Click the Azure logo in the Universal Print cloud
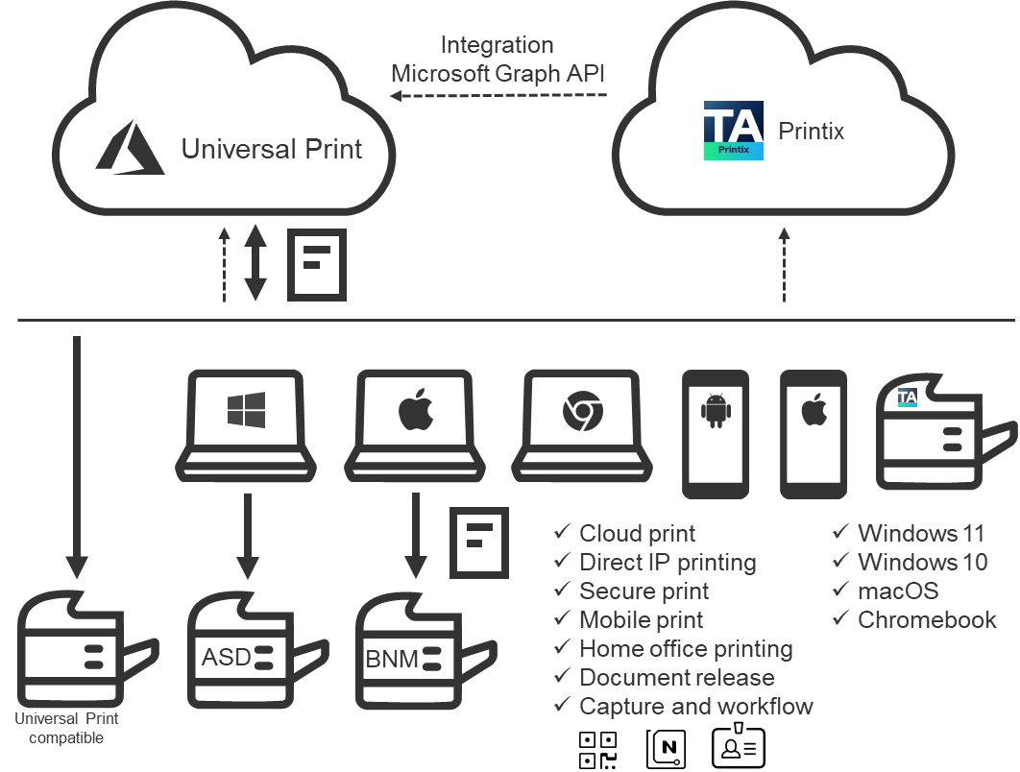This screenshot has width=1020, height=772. click(x=131, y=150)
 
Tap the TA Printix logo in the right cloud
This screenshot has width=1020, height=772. click(x=733, y=131)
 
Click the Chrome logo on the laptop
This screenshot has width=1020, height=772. click(x=582, y=411)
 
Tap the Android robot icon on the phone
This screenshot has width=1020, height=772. click(x=716, y=410)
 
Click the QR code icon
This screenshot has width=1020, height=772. click(x=599, y=749)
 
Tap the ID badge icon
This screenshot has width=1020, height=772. click(x=739, y=747)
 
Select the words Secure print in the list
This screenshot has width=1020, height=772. click(x=644, y=591)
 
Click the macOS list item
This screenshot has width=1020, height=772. click(x=898, y=591)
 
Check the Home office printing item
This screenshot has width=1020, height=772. click(x=686, y=648)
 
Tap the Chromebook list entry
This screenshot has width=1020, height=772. click(x=927, y=619)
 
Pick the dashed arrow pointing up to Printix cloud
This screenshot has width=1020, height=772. click(x=784, y=265)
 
